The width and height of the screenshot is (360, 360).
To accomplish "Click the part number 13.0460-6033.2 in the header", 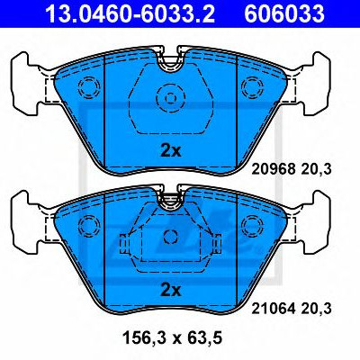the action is (130, 13).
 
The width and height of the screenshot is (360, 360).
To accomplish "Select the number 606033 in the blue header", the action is (284, 13).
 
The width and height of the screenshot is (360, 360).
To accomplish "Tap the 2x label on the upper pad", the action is (171, 151).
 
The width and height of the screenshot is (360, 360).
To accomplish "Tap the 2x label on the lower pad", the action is (171, 290).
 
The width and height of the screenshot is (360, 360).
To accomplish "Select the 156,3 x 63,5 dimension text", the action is (172, 338).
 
